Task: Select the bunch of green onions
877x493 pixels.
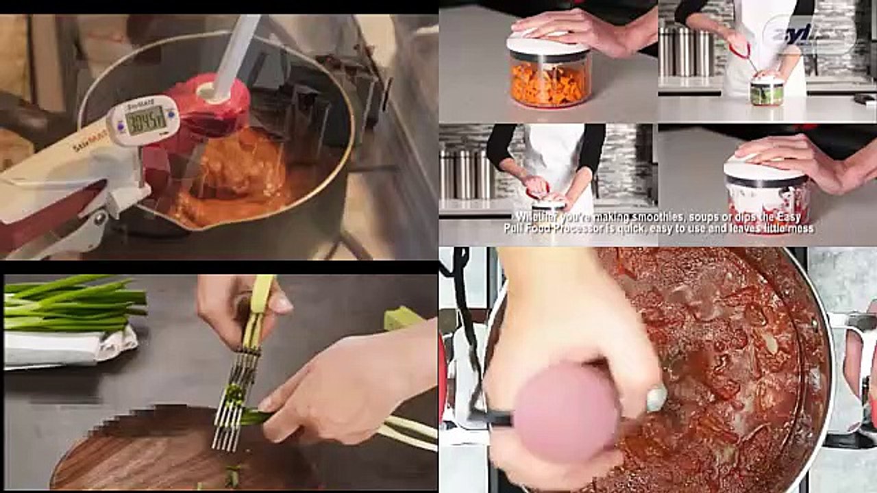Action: click(75, 303)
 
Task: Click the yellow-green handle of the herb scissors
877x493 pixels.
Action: click(260, 301)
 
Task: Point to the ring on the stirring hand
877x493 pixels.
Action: click(656, 398)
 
